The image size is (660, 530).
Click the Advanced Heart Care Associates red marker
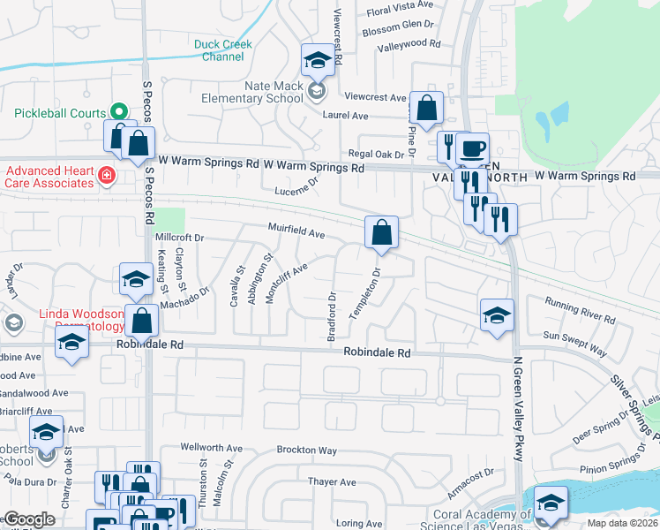(x=107, y=176)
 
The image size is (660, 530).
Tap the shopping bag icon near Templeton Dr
(x=382, y=234)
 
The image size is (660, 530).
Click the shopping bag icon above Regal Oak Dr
(x=426, y=110)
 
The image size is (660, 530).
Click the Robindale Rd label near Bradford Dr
(x=378, y=352)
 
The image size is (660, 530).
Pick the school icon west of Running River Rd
(x=497, y=315)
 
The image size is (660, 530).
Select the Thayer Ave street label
(x=332, y=482)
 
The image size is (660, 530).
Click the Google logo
(x=29, y=519)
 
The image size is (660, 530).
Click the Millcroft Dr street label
(x=179, y=238)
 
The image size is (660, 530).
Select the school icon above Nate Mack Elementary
(x=318, y=61)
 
